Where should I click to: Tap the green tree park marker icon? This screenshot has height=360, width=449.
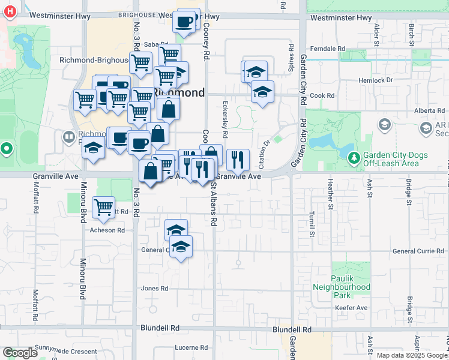[x=355, y=158]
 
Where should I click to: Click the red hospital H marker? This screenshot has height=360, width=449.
[x=8, y=11]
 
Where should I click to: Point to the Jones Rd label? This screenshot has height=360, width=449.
[x=154, y=289]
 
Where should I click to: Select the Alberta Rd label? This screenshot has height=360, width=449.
[x=429, y=111]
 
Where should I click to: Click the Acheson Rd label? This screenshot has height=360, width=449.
[x=107, y=230]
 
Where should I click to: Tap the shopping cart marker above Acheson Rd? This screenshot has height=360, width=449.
[x=104, y=208]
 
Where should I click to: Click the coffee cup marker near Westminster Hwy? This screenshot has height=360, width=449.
[x=184, y=22]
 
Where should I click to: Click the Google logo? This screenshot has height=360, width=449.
[x=20, y=353]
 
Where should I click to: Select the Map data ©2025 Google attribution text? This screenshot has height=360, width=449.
[x=411, y=355]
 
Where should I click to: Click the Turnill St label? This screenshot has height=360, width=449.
[x=312, y=223]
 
